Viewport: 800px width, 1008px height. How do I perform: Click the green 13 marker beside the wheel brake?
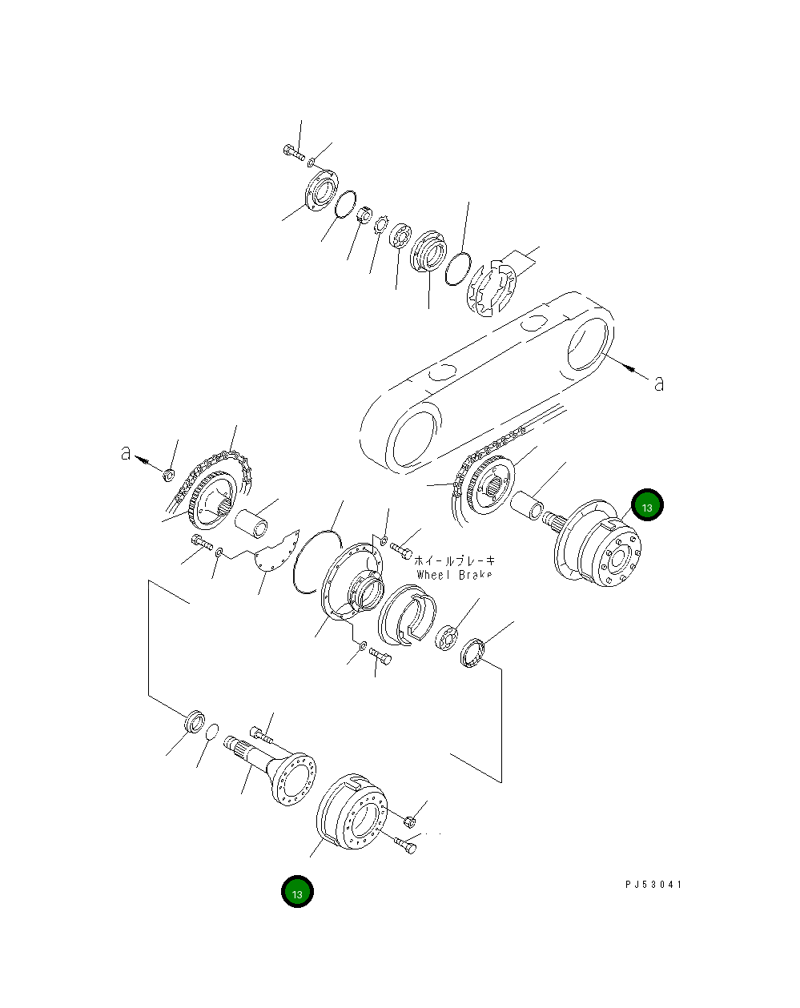647,506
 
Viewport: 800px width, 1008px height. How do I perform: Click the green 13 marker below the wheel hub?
297,892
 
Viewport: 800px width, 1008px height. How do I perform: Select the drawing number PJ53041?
653,885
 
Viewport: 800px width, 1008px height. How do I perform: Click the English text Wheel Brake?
454,575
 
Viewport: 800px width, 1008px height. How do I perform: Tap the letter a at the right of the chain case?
659,384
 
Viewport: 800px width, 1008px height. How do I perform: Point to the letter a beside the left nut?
126,453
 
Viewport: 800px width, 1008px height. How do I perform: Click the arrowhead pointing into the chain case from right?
630,369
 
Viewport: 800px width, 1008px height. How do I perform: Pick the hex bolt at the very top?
291,151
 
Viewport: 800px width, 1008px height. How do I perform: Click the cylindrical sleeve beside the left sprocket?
254,524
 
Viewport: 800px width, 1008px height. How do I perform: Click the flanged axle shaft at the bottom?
272,767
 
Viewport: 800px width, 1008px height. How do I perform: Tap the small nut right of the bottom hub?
408,820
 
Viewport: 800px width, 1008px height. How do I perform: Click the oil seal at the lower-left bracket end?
194,721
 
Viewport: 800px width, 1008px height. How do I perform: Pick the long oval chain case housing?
488,380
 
